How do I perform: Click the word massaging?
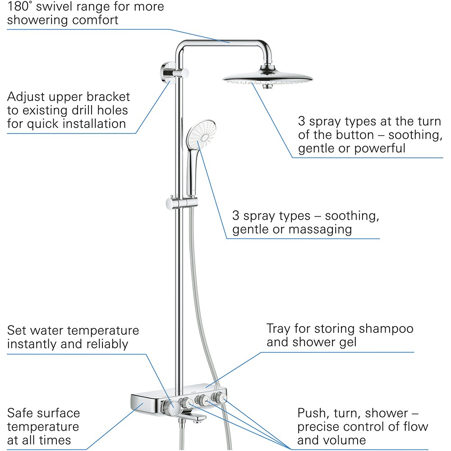[x=320, y=230]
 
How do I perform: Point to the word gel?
[x=346, y=342]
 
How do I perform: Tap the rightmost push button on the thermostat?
[x=221, y=398]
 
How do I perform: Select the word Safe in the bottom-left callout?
[x=22, y=413]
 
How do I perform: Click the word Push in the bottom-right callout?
[x=313, y=413]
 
